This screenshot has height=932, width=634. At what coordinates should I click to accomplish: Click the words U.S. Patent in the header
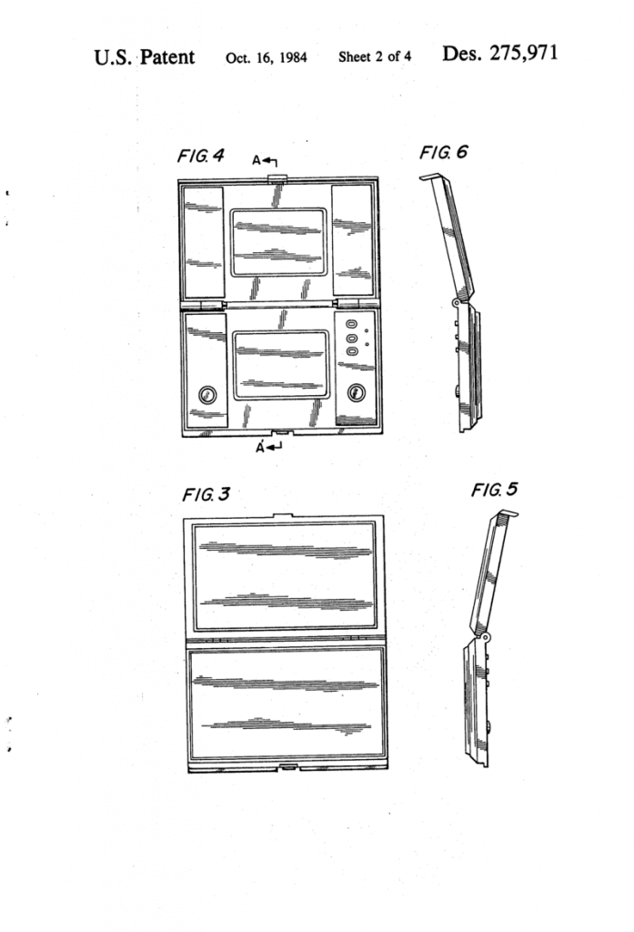[145, 57]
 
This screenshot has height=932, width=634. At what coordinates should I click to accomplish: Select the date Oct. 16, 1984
[267, 57]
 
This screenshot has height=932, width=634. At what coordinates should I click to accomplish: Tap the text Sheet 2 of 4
[375, 56]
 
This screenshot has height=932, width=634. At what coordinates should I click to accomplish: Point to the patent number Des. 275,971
[500, 54]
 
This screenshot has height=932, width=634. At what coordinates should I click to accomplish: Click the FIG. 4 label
[201, 156]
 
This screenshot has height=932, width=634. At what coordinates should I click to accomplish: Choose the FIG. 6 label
[443, 153]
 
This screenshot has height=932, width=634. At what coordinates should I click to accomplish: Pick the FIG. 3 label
[206, 494]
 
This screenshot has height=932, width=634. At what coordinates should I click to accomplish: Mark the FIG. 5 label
[494, 490]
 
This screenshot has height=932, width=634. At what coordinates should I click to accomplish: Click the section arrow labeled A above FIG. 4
[265, 161]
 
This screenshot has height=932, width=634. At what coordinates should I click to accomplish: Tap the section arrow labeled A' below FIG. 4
[268, 447]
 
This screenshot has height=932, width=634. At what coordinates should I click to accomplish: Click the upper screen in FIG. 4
[279, 242]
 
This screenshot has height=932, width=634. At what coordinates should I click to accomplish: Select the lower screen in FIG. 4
[281, 365]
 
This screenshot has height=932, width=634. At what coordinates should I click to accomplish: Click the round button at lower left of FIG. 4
[206, 394]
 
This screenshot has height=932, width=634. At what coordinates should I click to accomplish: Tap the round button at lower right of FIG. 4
[356, 392]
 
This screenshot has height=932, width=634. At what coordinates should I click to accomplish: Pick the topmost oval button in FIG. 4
[350, 324]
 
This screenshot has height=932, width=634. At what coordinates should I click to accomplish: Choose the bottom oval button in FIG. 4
[350, 351]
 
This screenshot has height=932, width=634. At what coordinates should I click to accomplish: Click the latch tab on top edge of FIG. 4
[277, 177]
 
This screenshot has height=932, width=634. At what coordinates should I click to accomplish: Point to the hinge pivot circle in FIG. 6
[457, 302]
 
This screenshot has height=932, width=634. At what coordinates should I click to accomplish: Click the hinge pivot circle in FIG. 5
[486, 636]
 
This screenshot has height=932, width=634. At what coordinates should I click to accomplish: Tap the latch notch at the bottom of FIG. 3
[288, 767]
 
